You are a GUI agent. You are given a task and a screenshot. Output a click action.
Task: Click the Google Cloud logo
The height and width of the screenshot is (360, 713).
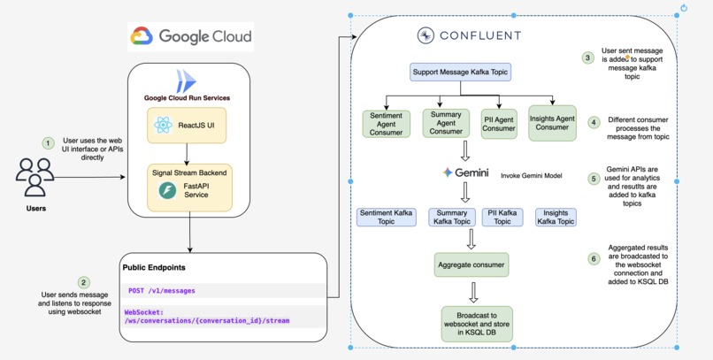[190, 36]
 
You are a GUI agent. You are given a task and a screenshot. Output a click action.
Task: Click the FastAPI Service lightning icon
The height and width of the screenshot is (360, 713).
[167, 191]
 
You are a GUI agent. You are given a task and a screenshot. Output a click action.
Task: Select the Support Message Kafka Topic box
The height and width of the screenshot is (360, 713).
[461, 71]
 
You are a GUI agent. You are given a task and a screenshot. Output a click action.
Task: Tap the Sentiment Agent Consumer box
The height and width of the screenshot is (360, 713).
[387, 123]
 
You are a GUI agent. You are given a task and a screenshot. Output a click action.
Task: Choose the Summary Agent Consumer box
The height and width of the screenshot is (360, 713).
[446, 122]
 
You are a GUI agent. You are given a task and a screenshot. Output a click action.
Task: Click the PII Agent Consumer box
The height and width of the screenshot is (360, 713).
[499, 122]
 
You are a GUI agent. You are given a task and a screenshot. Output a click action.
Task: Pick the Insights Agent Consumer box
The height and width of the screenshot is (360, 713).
[553, 122]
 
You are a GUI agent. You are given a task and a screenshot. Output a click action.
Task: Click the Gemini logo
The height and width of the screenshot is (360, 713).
[466, 172]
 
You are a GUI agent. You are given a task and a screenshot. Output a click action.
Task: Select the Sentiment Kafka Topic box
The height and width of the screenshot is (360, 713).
[387, 217]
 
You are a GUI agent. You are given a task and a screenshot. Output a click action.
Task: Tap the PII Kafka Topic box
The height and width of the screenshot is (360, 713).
[502, 217]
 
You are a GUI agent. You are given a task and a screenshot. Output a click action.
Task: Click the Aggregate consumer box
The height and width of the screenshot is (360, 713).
[471, 264]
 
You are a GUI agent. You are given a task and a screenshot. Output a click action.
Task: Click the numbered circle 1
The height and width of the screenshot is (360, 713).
[48, 142]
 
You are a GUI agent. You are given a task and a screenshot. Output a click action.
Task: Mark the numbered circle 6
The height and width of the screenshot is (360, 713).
[593, 258]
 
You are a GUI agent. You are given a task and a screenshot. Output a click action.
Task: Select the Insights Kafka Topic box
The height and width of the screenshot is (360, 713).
[556, 217]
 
